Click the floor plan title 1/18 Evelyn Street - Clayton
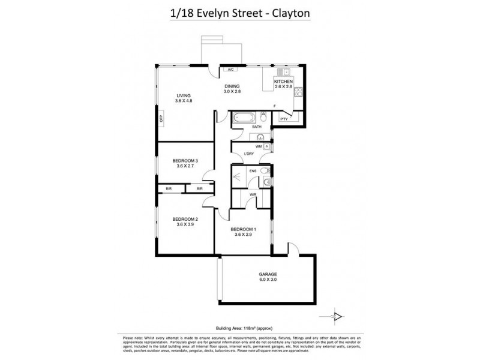coord(239,11)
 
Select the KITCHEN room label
coord(283,80)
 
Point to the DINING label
coord(232,86)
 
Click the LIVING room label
coord(183,95)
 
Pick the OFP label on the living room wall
coord(161,118)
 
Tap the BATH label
coord(256,127)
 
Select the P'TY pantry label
coord(284,119)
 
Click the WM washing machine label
coord(258,146)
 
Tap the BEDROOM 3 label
coord(185,160)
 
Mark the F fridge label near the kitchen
coord(274,106)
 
